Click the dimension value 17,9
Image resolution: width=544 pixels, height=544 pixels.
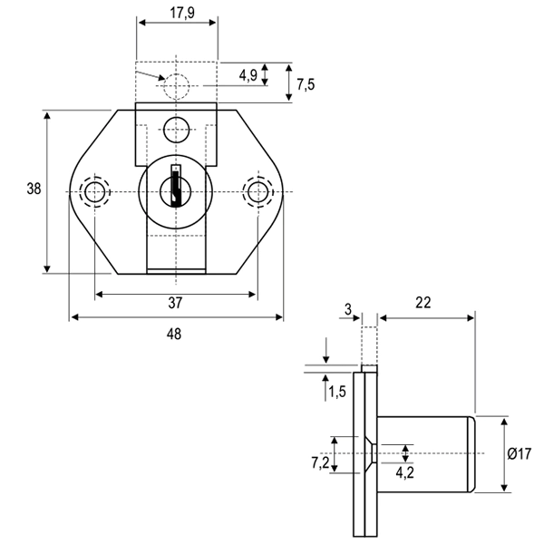tap(177, 15)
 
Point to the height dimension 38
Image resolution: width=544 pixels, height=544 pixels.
tap(33, 189)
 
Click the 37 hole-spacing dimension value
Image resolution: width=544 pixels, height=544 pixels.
tap(174, 303)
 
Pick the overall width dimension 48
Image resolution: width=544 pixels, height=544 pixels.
tap(174, 334)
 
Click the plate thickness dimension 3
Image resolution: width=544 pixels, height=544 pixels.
tap(349, 309)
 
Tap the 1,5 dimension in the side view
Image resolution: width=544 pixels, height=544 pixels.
tap(337, 392)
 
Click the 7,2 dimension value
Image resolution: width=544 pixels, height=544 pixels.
tap(318, 462)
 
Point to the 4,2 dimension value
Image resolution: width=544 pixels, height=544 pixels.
tap(405, 471)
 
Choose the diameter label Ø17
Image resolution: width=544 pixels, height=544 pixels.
tap(520, 453)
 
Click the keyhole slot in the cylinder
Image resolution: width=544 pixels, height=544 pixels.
tap(174, 187)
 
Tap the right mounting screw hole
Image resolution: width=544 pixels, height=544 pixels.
tap(257, 191)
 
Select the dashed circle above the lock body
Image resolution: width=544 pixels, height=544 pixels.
tap(177, 86)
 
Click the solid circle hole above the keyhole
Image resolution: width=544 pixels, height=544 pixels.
tap(176, 130)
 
